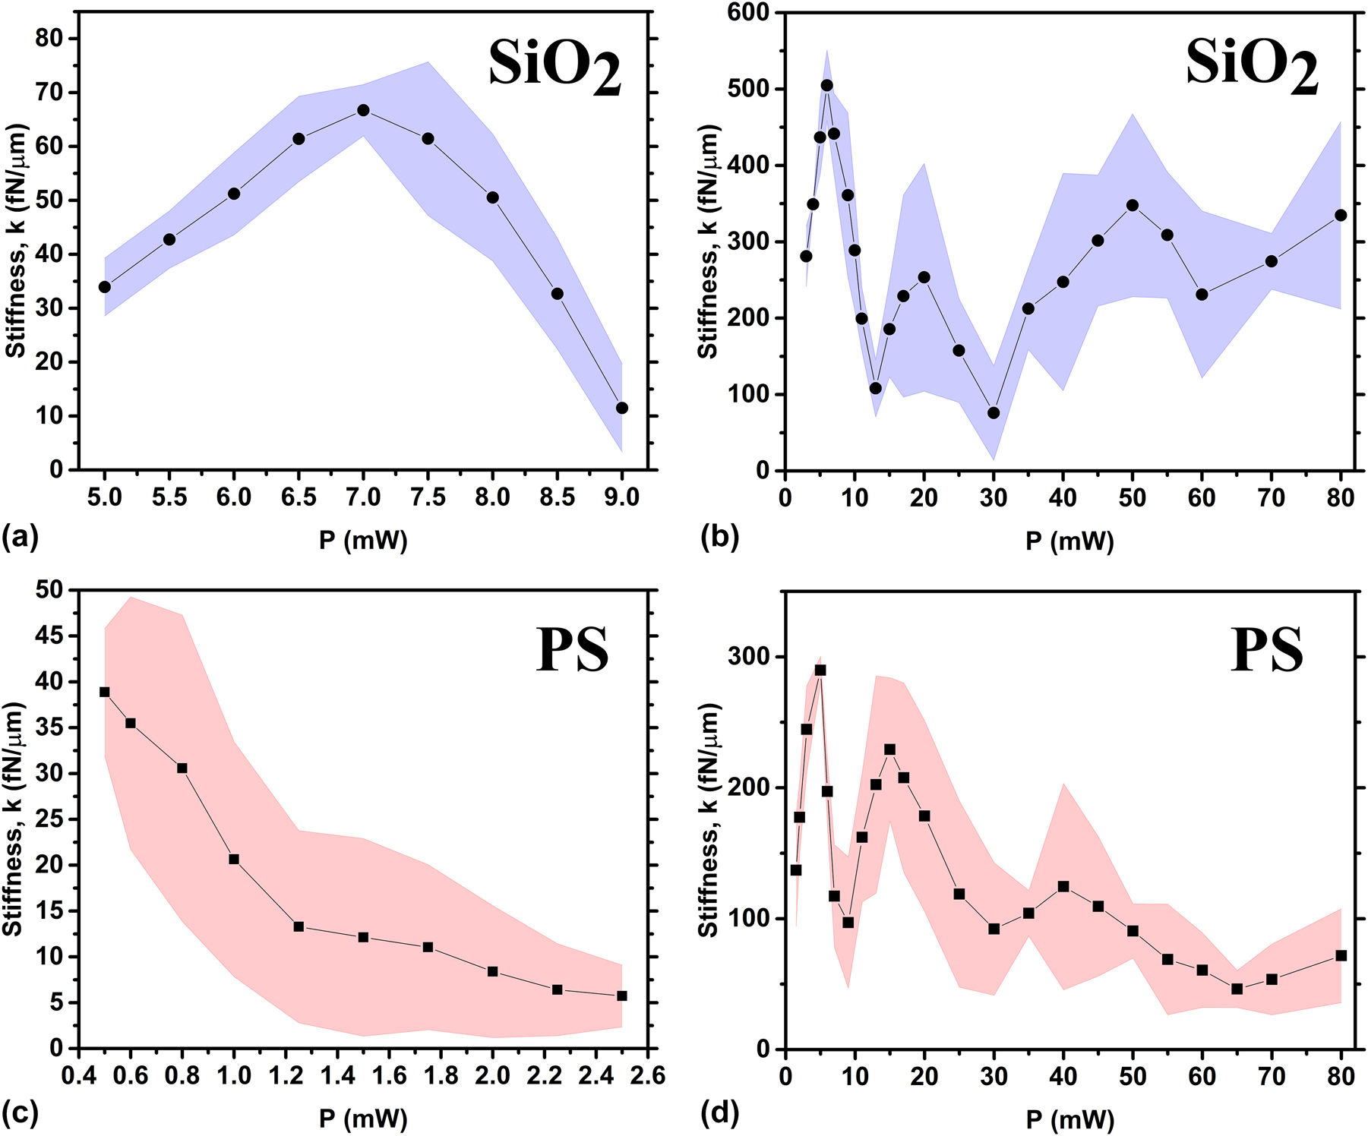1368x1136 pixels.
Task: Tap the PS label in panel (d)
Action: [x=1266, y=650]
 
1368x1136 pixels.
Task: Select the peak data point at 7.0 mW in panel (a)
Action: [x=363, y=110]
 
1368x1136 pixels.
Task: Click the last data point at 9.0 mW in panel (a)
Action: [x=622, y=408]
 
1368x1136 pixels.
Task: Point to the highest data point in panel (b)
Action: [x=826, y=85]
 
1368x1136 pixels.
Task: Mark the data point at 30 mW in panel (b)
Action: [x=994, y=413]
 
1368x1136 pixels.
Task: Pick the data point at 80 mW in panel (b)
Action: [x=1341, y=216]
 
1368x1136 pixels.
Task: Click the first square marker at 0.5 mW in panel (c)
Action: [x=105, y=692]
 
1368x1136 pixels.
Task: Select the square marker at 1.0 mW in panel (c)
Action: [x=234, y=860]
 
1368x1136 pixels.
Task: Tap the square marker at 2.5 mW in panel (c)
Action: [x=622, y=996]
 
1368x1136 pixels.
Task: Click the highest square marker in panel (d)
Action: [x=820, y=671]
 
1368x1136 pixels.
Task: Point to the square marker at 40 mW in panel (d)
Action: [x=1063, y=886]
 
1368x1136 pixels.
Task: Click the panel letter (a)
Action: [x=20, y=538]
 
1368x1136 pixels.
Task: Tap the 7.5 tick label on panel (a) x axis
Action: [x=428, y=497]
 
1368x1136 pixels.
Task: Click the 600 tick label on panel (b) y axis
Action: [x=748, y=13]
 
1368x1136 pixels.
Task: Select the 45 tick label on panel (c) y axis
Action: [x=51, y=636]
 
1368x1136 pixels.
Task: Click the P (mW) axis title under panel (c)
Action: [x=363, y=1119]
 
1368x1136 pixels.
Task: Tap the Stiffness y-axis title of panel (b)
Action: [x=708, y=241]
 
